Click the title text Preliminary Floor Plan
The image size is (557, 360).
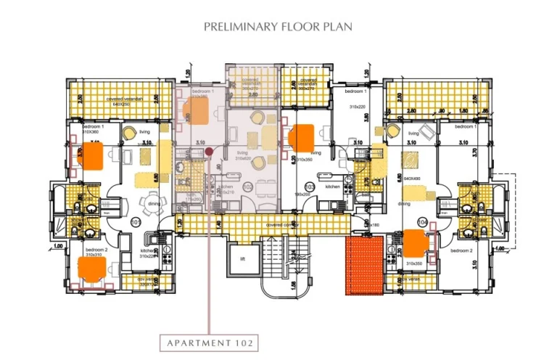tap(278, 27)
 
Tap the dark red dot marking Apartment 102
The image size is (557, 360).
tap(208, 152)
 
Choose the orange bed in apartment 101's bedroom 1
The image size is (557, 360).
tap(92, 155)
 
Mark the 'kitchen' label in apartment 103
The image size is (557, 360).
tap(333, 187)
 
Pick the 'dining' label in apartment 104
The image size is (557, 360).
tap(404, 204)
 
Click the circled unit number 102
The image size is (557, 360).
tap(248, 187)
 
